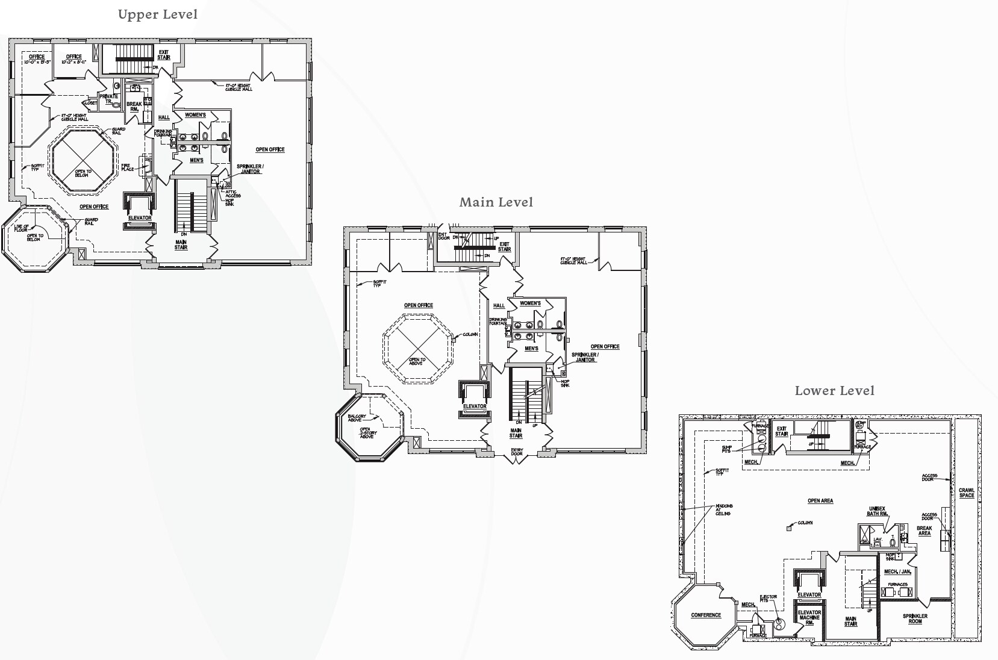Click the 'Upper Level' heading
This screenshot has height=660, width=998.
[157, 14]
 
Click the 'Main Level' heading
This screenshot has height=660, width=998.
[496, 202]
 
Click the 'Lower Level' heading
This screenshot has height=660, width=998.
[834, 391]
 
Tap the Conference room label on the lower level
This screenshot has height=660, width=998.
[706, 615]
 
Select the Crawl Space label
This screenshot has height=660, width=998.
[966, 493]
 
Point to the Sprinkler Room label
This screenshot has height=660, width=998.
[915, 618]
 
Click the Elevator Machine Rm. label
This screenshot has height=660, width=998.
[809, 617]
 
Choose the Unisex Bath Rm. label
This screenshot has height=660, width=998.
[877, 511]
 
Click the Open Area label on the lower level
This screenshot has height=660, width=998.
[820, 501]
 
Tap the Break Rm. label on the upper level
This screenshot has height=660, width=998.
[134, 107]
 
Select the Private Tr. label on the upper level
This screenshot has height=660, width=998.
[109, 99]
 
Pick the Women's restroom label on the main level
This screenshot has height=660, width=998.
[530, 304]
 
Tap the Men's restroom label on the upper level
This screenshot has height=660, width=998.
[196, 161]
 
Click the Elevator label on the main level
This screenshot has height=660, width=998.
[475, 406]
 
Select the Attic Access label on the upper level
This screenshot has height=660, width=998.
[233, 194]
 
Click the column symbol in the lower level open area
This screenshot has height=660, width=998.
[789, 529]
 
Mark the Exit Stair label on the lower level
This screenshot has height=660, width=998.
[781, 431]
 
